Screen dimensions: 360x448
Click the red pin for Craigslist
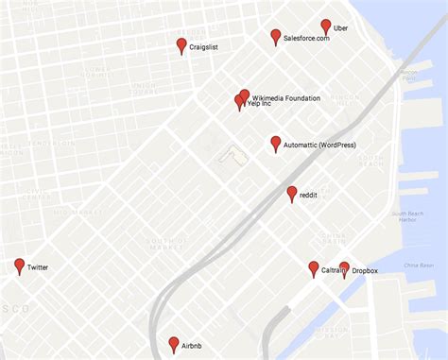coord(181,44)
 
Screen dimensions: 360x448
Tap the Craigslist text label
coord(205,46)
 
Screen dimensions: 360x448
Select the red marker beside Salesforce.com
coord(275,36)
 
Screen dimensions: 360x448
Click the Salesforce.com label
coord(306,38)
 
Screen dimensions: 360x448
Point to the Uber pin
coord(326,26)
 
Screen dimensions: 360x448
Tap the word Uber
coord(341,28)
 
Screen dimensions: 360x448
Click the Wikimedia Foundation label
coord(285,98)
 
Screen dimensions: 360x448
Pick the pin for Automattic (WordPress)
coord(275,143)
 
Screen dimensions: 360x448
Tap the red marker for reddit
coord(292,193)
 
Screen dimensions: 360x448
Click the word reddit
coord(308,195)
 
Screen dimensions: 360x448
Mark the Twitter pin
coord(19,266)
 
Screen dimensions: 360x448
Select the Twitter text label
coord(38,268)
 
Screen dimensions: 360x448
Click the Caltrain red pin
coord(314,268)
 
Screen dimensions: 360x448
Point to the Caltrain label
coord(333,271)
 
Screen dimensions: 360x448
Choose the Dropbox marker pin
coord(344,268)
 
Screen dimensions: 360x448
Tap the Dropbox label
coord(365,271)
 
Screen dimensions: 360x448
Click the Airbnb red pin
coord(173,344)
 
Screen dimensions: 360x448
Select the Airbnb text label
coord(192,347)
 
